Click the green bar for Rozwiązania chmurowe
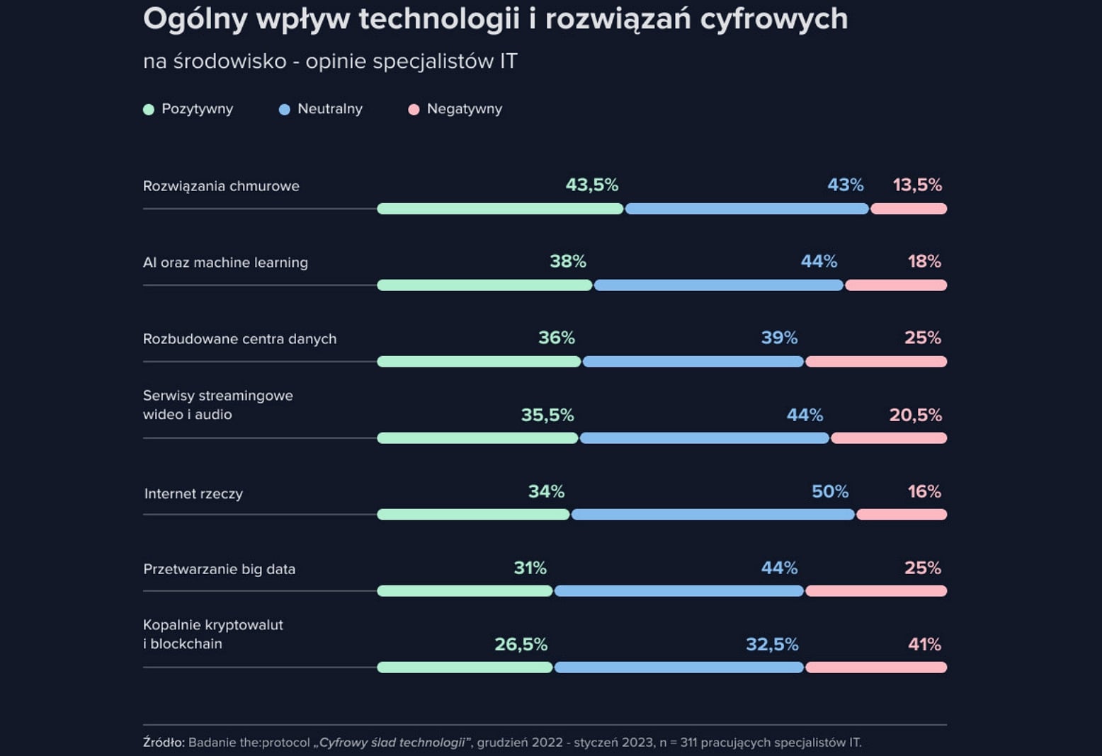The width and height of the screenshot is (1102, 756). pos(500,209)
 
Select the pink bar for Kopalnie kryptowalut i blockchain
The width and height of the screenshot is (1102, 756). pos(876,668)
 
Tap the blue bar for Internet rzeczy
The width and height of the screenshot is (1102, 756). pos(713,515)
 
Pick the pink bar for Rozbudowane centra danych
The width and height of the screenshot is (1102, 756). pos(876,362)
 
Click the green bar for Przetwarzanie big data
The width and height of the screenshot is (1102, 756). pos(465,591)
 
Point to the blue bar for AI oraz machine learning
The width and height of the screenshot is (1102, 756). pos(719,285)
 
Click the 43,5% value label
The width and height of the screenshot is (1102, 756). pos(591,185)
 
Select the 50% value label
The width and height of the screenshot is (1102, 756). pos(829,491)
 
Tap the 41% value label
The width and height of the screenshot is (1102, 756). pos(924,644)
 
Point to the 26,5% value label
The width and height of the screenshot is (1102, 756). pos(521,644)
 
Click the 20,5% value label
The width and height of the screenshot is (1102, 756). pos(915,415)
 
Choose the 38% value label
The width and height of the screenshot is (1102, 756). pos(568,262)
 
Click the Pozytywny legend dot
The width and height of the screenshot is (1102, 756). pos(149,110)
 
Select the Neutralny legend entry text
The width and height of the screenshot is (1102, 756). pos(330,109)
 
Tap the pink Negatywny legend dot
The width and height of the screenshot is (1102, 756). pos(414,110)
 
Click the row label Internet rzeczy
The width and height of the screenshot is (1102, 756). pos(193,494)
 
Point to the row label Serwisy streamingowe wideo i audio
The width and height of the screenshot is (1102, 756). pos(217,405)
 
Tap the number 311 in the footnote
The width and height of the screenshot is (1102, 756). pos(688,743)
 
